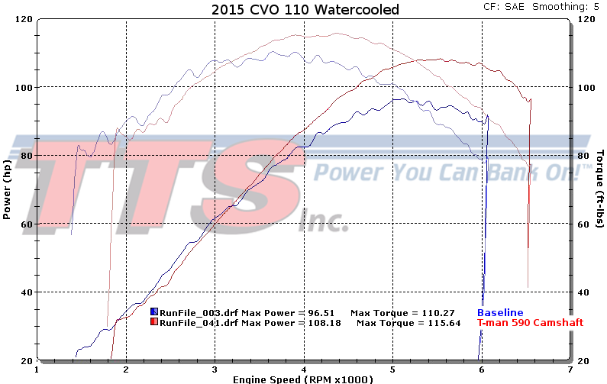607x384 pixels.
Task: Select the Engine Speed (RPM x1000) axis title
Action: click(x=302, y=379)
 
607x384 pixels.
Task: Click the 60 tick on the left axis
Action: click(x=25, y=224)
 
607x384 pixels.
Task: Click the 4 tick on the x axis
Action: click(x=304, y=368)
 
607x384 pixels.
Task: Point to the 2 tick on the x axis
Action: click(x=126, y=368)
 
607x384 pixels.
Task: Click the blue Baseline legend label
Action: click(x=500, y=313)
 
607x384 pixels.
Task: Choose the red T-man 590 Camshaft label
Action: click(x=531, y=323)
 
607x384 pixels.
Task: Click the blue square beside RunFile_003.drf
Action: click(x=155, y=313)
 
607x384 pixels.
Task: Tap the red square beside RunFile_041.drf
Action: click(x=155, y=323)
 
